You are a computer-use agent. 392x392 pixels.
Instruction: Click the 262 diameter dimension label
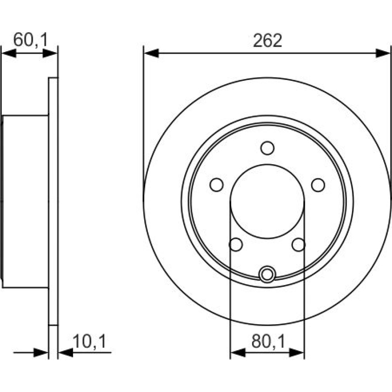pyautogui.click(x=267, y=40)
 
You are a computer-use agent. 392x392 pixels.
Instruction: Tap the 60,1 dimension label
pyautogui.click(x=30, y=40)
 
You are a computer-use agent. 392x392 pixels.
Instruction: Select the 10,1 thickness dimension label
pyautogui.click(x=89, y=341)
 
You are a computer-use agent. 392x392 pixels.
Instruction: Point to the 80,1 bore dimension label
pyautogui.click(x=268, y=341)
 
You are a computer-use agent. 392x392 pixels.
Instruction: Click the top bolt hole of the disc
pyautogui.click(x=267, y=148)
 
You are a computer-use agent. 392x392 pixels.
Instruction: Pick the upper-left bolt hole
pyautogui.click(x=216, y=185)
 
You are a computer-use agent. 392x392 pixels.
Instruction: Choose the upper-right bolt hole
pyautogui.click(x=318, y=185)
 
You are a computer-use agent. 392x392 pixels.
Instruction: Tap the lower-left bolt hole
pyautogui.click(x=236, y=245)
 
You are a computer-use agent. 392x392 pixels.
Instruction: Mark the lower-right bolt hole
pyautogui.click(x=298, y=245)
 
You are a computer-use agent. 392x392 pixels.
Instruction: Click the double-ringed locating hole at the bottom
pyautogui.click(x=267, y=274)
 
